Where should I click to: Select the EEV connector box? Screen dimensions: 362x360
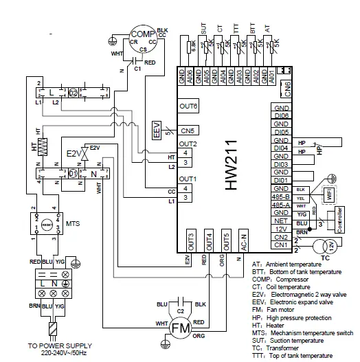157,129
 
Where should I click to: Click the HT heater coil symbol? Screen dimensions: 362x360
43,146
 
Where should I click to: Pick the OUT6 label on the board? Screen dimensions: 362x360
189,106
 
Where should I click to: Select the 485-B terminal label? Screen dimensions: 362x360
280,197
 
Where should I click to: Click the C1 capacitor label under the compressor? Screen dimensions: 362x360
137,69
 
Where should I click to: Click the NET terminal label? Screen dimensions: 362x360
280,221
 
